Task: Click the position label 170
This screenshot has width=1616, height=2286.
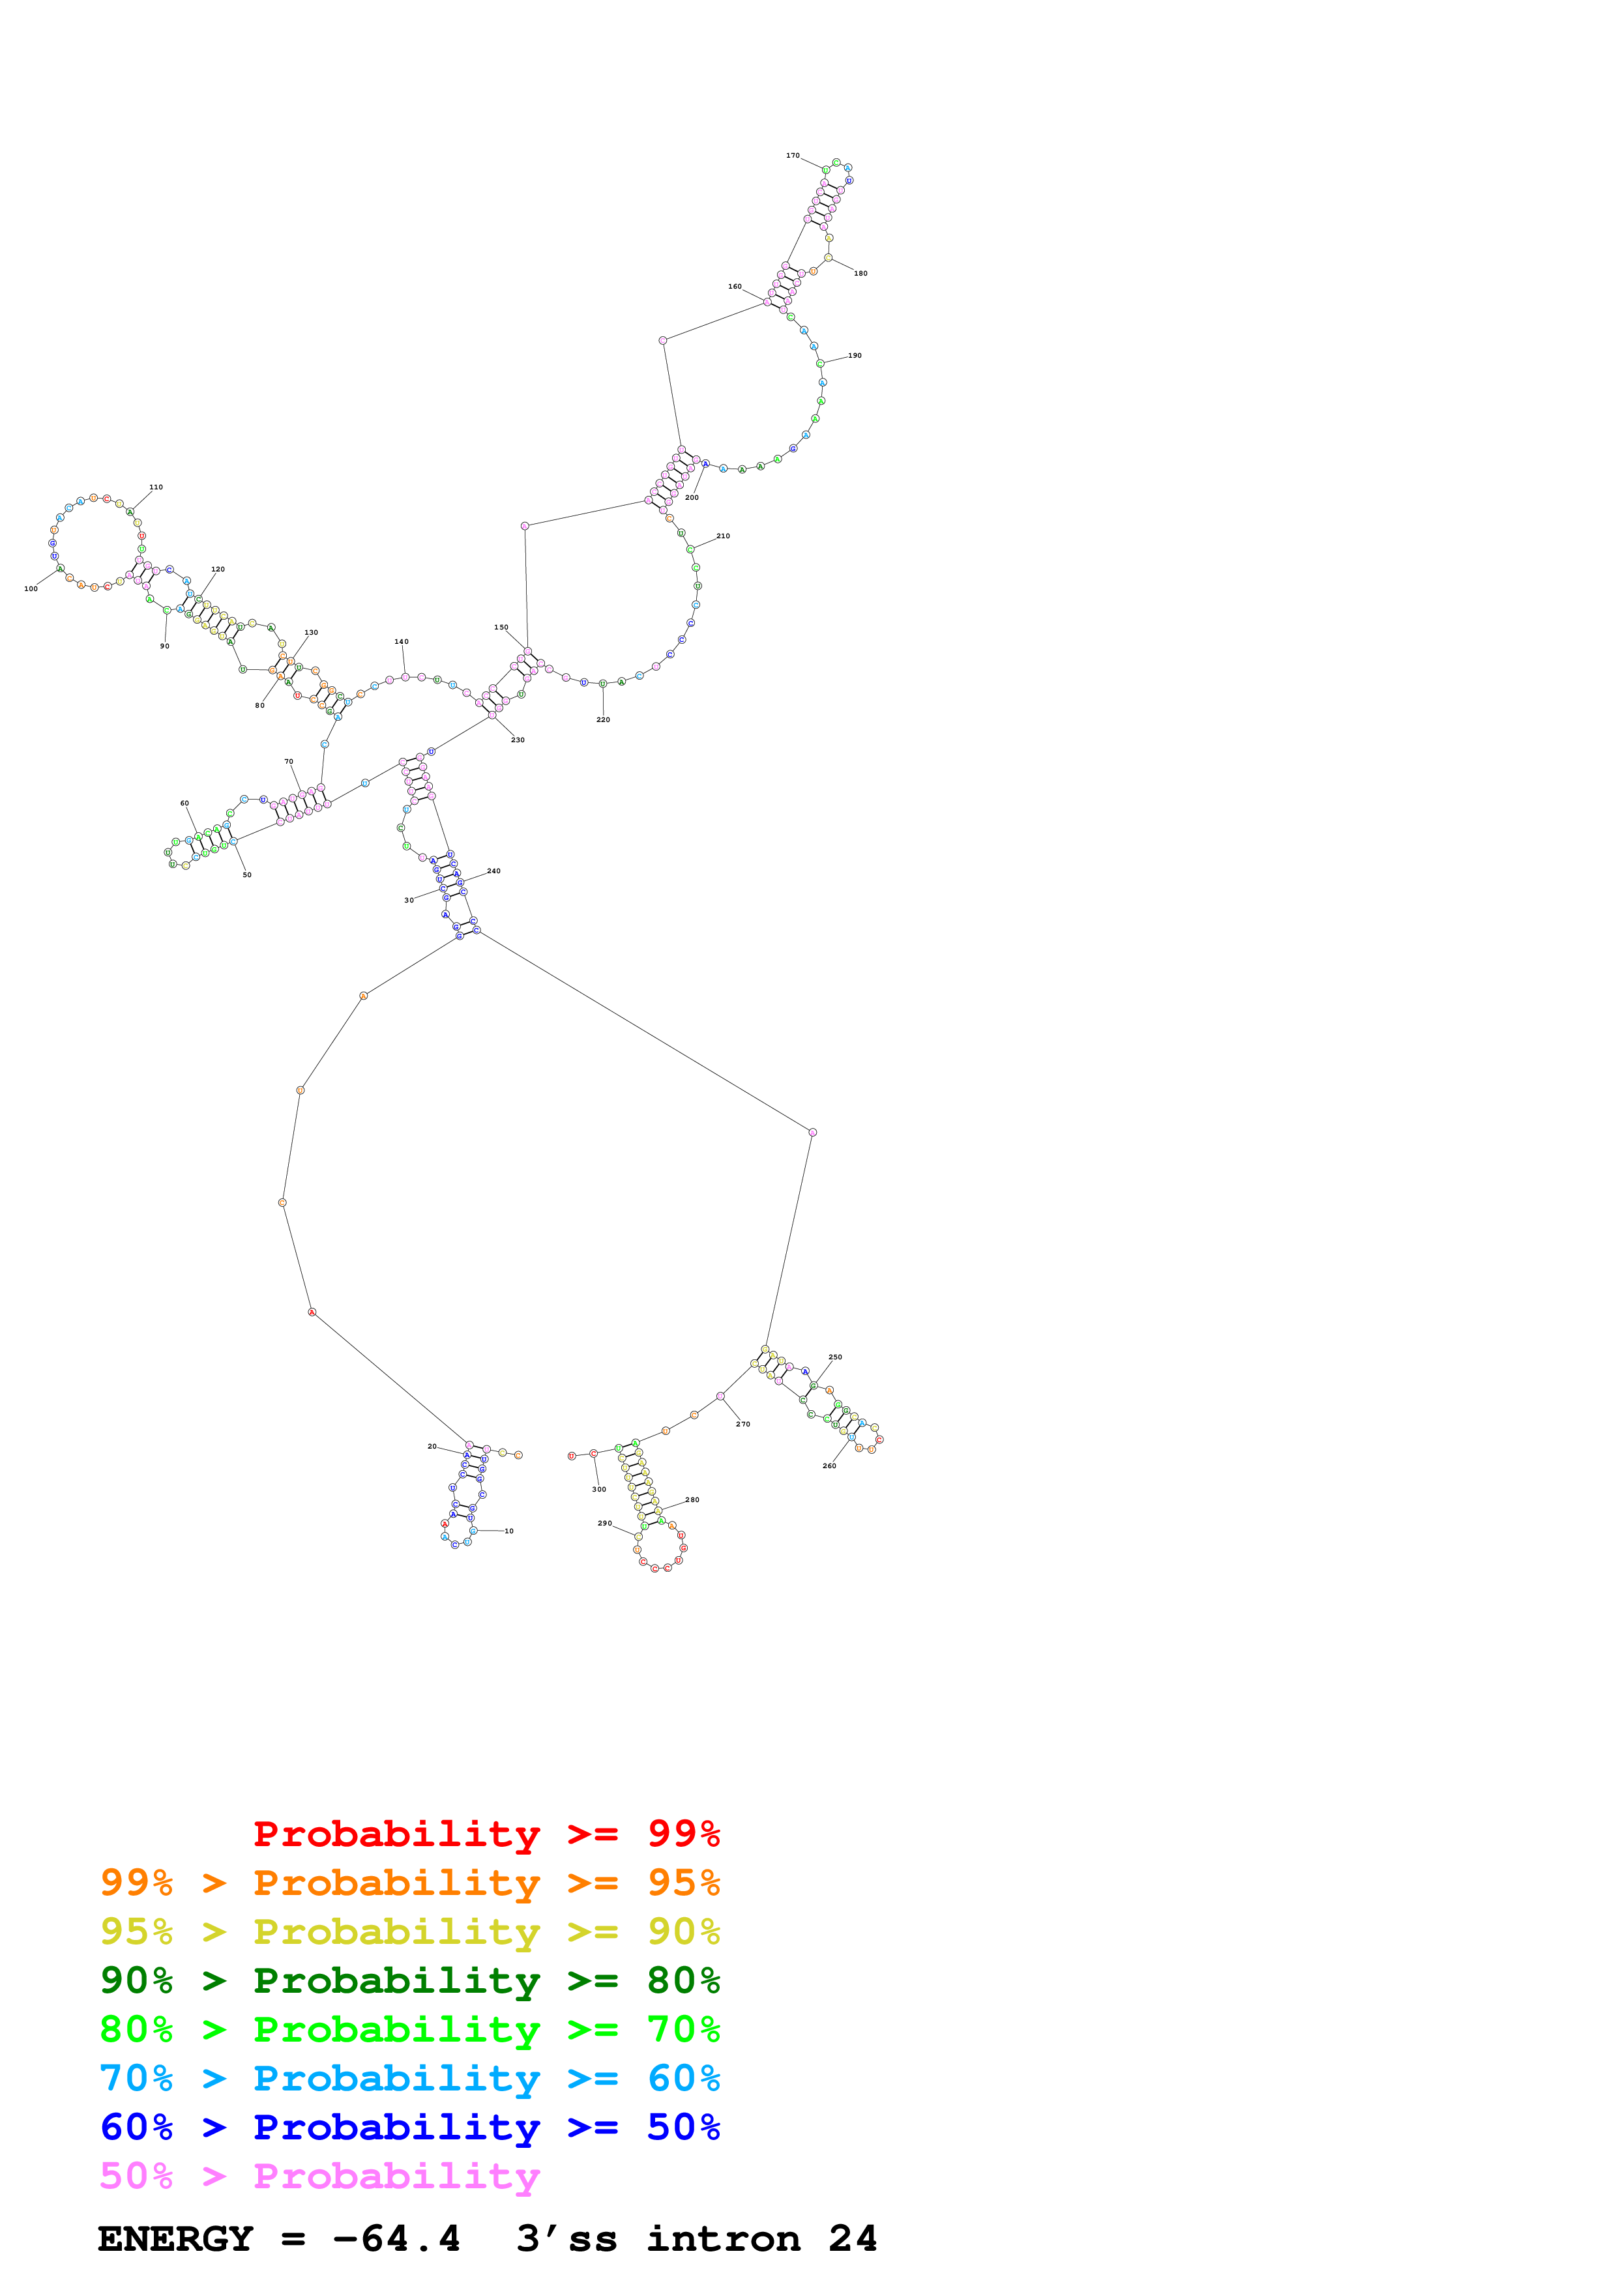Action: [x=793, y=155]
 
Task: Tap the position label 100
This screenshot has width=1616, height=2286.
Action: [x=31, y=588]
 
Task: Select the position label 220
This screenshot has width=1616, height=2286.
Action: [x=602, y=719]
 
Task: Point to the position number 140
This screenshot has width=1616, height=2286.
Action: [x=402, y=641]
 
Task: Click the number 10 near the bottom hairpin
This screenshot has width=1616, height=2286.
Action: [x=509, y=1530]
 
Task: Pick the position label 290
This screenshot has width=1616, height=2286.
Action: [x=604, y=1522]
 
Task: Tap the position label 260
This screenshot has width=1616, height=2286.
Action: [x=829, y=1466]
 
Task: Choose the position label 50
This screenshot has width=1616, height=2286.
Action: [x=247, y=874]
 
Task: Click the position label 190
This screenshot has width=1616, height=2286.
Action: [x=855, y=355]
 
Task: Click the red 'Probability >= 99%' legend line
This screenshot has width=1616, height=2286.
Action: [x=486, y=1833]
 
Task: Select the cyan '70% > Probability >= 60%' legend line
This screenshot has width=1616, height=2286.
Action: [x=409, y=2078]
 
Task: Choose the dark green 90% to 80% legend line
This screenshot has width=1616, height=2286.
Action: [x=409, y=1980]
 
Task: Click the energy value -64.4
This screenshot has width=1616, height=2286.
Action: [x=396, y=2238]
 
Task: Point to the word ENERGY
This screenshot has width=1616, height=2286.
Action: [x=175, y=2238]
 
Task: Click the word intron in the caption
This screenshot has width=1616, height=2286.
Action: [x=723, y=2238]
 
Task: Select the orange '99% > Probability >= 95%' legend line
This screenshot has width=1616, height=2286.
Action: [x=409, y=1883]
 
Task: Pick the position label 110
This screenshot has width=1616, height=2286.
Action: [x=155, y=487]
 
